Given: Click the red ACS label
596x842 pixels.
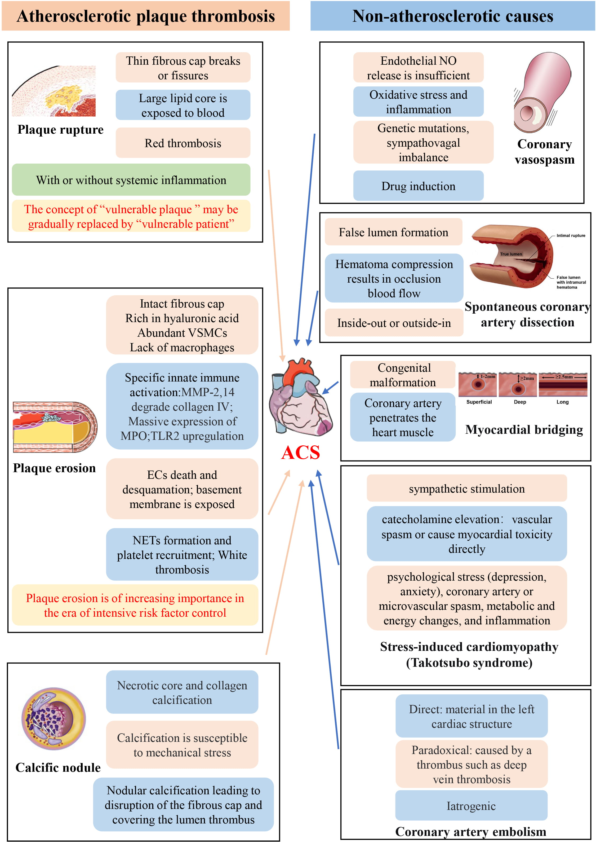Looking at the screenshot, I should (300, 452).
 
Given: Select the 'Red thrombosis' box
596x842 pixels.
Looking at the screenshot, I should (183, 143).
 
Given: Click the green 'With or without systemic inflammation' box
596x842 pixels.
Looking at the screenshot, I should (131, 180).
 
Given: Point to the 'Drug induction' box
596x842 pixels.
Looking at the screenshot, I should (418, 186).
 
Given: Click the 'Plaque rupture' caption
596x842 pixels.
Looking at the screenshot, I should (61, 129).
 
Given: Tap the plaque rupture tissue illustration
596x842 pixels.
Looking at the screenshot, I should (54, 91).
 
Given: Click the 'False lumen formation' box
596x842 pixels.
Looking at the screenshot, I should (393, 232).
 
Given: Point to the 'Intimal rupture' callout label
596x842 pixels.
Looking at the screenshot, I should (570, 235).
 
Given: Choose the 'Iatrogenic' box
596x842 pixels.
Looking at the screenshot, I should (471, 806).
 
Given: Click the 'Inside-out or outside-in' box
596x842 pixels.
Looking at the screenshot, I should (394, 323).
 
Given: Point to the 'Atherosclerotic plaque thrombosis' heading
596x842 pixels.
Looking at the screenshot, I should (146, 16).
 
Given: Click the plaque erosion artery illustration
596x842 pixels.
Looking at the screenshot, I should (55, 427).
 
